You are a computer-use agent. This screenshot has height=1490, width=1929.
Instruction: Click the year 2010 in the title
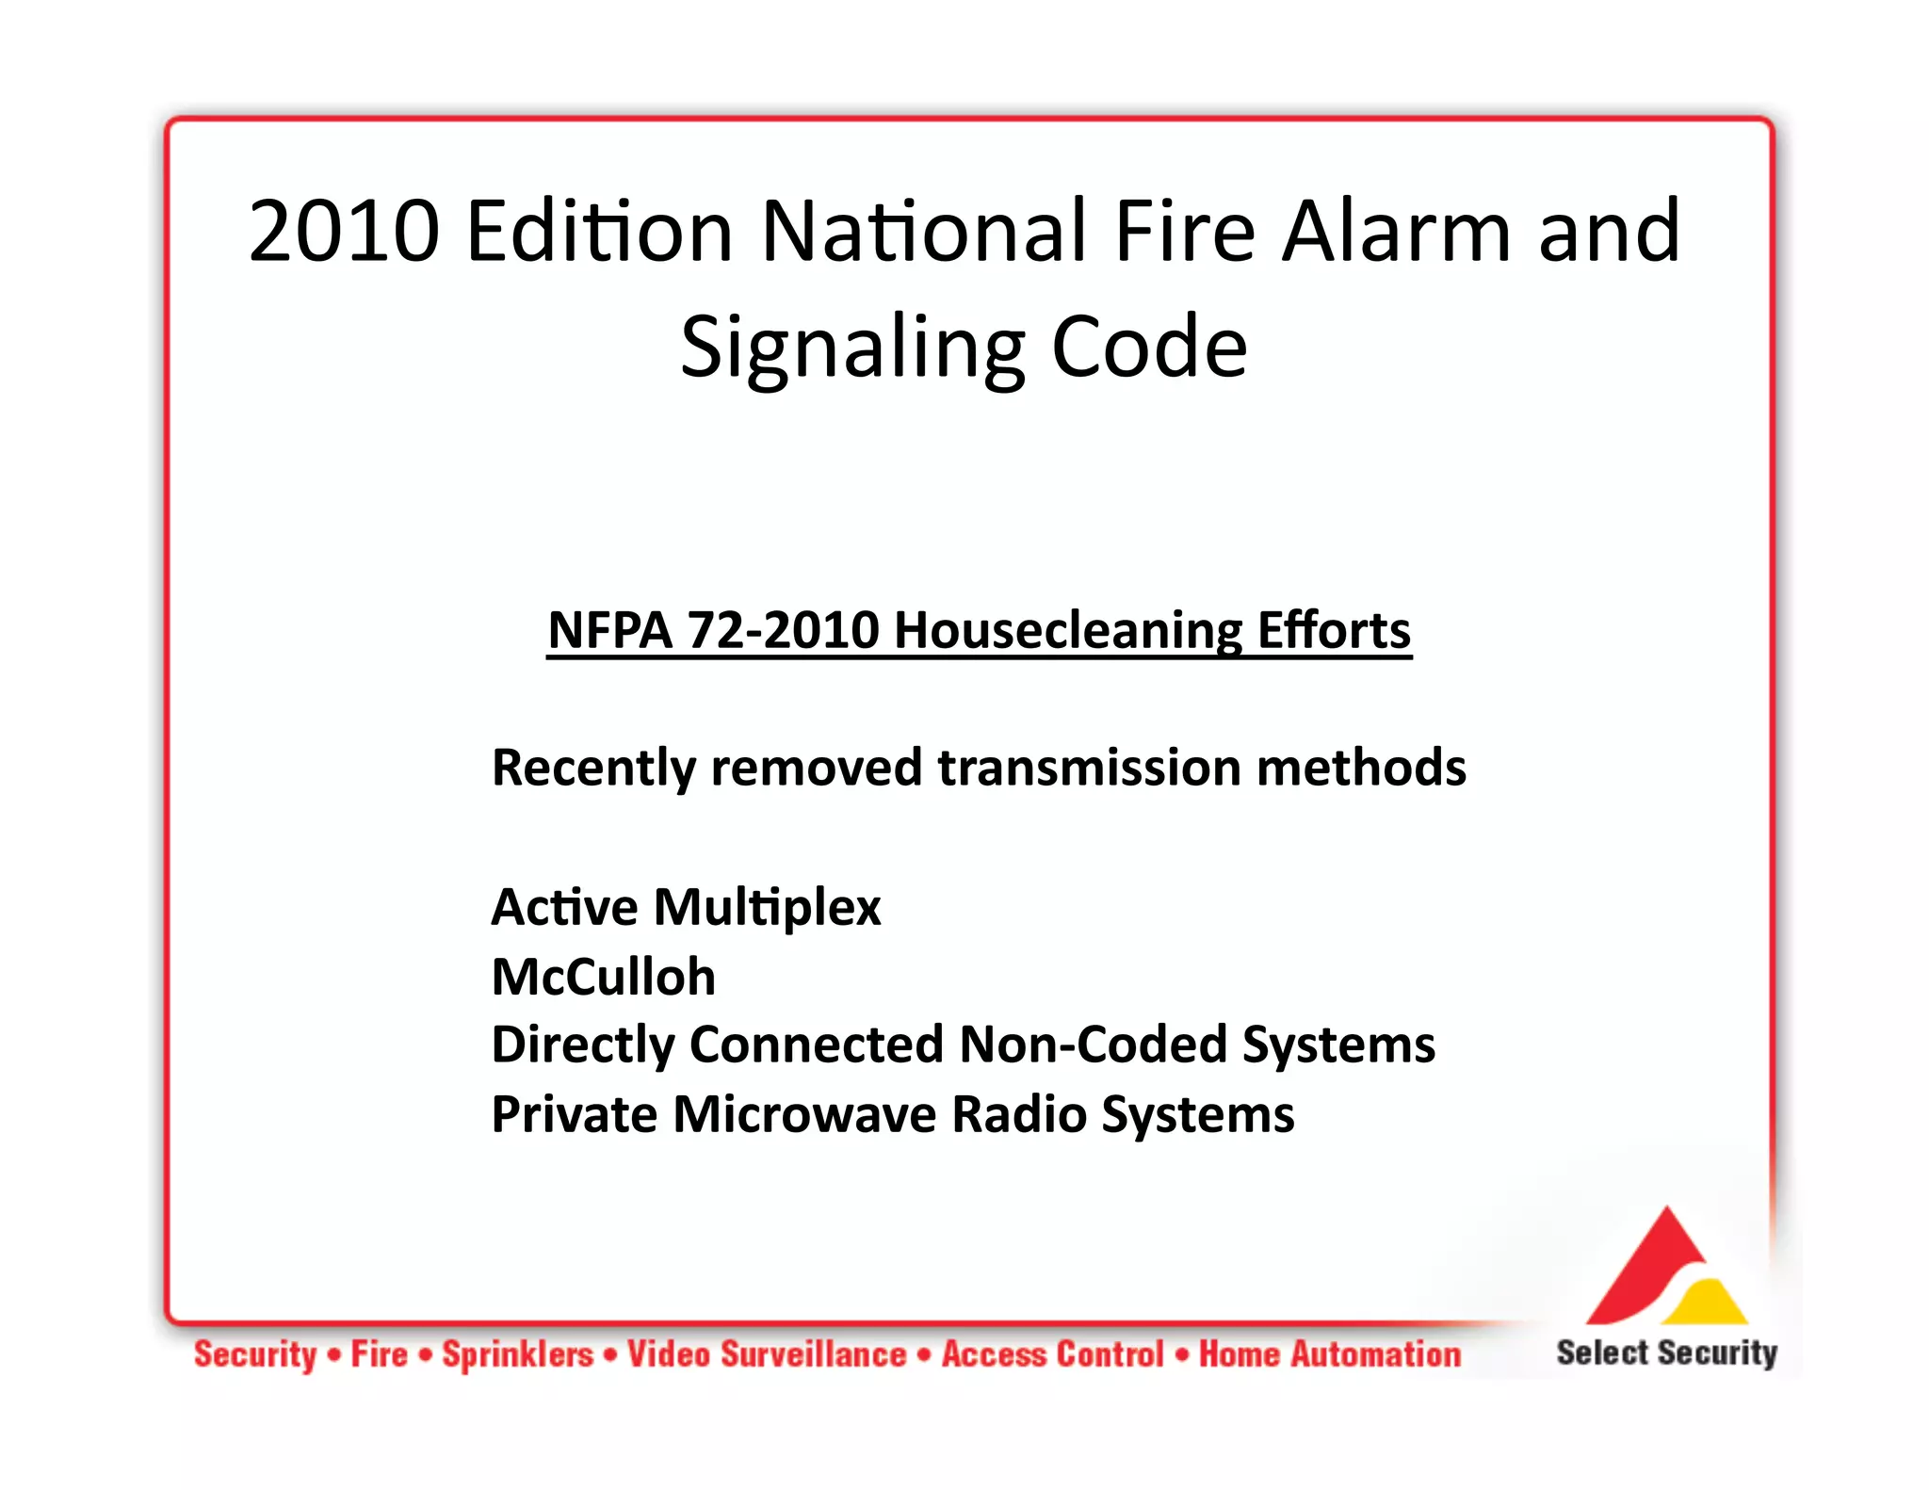pos(344,232)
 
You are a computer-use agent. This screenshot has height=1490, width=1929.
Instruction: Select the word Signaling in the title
pos(852,348)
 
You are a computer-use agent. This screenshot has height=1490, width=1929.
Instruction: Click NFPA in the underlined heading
pos(609,630)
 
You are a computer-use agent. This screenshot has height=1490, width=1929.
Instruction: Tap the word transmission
pos(1089,767)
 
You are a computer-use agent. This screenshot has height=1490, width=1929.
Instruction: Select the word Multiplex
pos(768,907)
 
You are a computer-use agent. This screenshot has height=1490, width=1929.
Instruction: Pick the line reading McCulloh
pos(604,976)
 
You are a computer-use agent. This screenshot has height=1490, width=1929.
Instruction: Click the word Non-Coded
pos(1093,1045)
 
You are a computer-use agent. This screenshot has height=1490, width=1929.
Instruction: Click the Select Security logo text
pos(1666,1352)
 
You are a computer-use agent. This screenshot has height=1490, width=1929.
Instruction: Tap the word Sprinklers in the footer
pos(518,1354)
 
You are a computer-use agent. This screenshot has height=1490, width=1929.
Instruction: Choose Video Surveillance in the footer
pos(767,1354)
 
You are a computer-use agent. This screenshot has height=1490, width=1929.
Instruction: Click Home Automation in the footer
pos(1329,1354)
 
